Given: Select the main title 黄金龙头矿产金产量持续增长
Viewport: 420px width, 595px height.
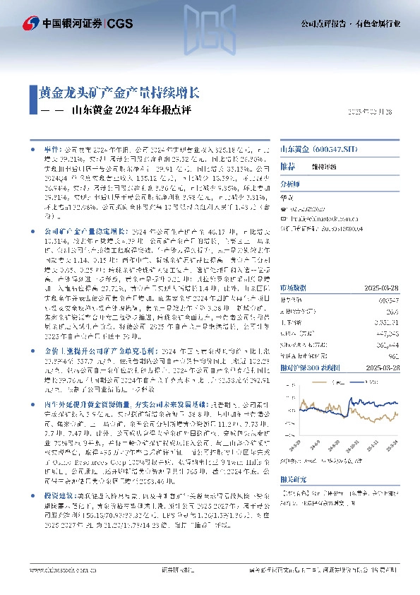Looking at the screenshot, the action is coord(118,93).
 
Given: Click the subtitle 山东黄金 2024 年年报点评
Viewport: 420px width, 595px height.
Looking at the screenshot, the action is coord(122,110).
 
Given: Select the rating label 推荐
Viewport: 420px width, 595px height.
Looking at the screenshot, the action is coord(287,166).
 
